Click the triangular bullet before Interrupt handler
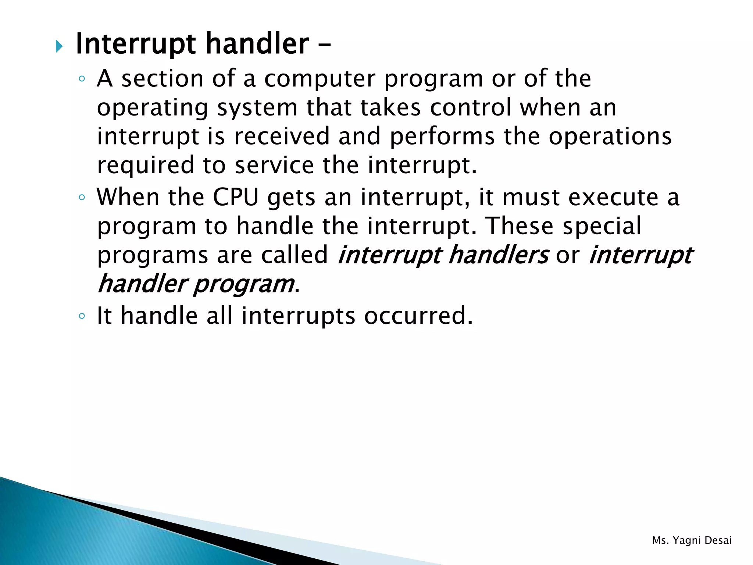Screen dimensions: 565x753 [x=59, y=47]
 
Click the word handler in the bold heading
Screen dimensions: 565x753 [x=257, y=44]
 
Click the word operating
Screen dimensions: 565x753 [x=152, y=109]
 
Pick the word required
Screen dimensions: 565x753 [x=145, y=166]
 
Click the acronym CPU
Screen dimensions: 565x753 [x=236, y=198]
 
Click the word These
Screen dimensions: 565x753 [x=519, y=226]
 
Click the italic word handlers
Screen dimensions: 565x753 [x=498, y=255]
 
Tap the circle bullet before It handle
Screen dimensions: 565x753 [x=82, y=316]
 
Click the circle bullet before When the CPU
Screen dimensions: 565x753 [x=82, y=198]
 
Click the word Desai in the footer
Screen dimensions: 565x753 [x=718, y=540]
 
